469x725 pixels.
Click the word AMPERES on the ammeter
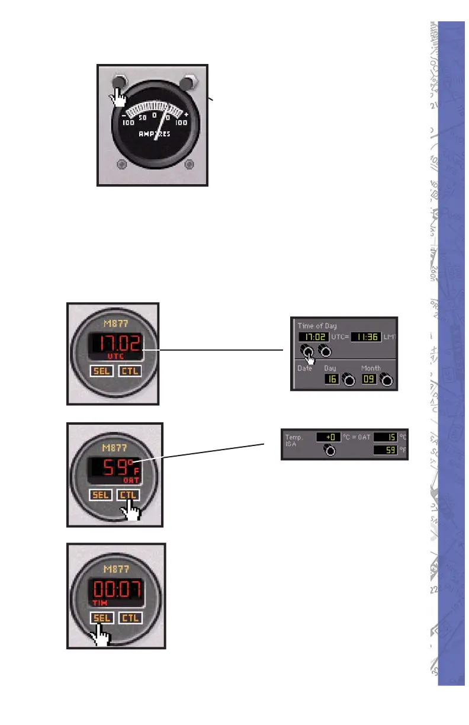tap(155, 134)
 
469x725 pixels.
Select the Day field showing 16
tap(331, 379)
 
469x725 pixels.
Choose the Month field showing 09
tap(369, 379)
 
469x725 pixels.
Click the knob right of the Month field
tap(387, 380)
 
